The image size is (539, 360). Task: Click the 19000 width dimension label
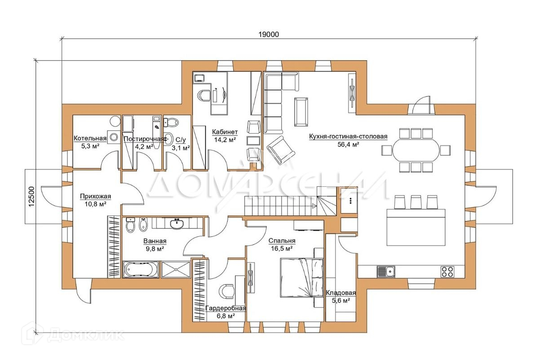point(269,35)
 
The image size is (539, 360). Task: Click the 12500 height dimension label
point(31,197)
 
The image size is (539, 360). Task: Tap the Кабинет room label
point(225,132)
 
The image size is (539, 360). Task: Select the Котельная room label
point(90,138)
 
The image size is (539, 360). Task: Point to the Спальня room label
point(282,241)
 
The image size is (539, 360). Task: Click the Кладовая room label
point(341,293)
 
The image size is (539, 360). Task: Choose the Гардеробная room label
point(225,308)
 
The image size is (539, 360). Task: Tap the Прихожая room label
point(96,196)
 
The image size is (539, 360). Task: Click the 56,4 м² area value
point(348,144)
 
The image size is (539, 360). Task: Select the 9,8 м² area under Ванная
point(155,249)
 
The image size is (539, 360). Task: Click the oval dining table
point(416,150)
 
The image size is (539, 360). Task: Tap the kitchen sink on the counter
point(386,272)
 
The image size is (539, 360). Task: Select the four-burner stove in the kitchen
point(447,272)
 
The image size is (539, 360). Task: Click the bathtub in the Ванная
point(141,269)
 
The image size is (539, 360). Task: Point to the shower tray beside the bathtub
point(176,269)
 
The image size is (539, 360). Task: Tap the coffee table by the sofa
point(301,112)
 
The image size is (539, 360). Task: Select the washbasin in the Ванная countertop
point(177,224)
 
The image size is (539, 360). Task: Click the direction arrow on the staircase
point(314,206)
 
